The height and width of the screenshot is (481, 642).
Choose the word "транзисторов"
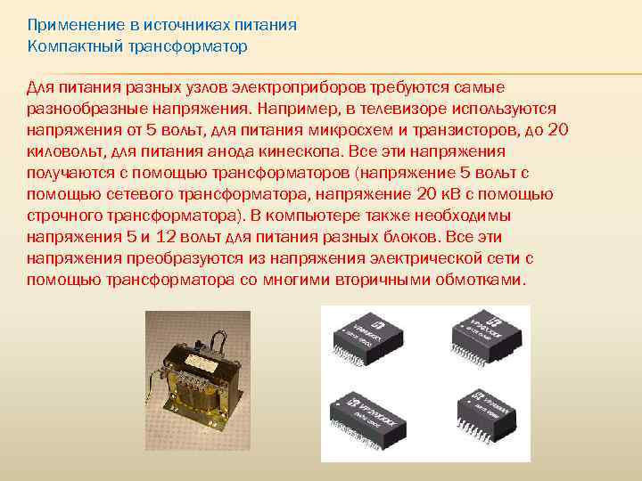click(439, 130)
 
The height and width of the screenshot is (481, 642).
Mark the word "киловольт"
click(61, 151)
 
